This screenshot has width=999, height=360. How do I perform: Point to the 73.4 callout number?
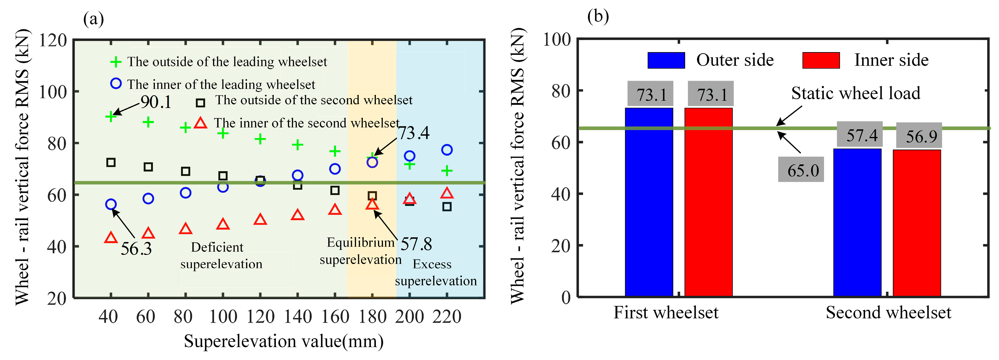click(414, 133)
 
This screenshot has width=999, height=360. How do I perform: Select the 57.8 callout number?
click(416, 244)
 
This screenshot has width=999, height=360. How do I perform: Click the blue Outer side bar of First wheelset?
click(649, 202)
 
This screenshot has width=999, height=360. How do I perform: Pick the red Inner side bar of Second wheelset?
click(917, 223)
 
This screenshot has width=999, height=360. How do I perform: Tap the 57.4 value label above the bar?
click(859, 135)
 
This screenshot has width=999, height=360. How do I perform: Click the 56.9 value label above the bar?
click(919, 136)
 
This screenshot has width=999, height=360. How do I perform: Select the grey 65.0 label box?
click(800, 170)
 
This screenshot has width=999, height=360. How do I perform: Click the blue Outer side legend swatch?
click(666, 60)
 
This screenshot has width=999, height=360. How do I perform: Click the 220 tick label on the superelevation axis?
click(447, 317)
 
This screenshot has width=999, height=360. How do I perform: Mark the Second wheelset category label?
click(888, 313)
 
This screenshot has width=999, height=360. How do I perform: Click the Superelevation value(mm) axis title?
click(284, 341)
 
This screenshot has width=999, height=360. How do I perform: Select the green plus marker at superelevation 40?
click(111, 116)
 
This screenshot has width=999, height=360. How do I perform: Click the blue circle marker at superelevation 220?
click(447, 150)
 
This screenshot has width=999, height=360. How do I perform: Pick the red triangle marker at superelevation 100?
click(222, 224)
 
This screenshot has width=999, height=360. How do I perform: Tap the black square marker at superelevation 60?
click(148, 167)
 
